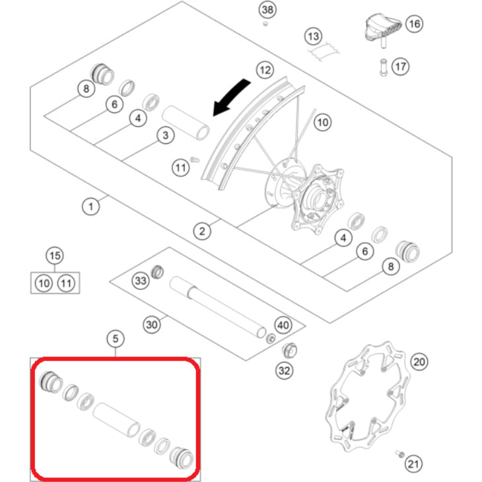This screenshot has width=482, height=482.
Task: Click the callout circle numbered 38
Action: point(266,10)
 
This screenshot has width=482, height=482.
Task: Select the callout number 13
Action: point(313,35)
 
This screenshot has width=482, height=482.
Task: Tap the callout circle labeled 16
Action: point(414,24)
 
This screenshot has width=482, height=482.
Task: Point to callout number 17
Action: point(400,67)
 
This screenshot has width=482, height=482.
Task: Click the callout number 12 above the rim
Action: point(264,69)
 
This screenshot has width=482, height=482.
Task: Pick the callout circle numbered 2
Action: point(202,230)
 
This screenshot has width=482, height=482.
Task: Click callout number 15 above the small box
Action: point(55,256)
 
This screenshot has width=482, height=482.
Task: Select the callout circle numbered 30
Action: point(152,324)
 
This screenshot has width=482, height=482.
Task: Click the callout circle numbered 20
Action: point(419,362)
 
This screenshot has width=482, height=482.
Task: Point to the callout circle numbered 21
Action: point(413,464)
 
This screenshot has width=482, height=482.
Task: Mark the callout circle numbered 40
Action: point(283,326)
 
